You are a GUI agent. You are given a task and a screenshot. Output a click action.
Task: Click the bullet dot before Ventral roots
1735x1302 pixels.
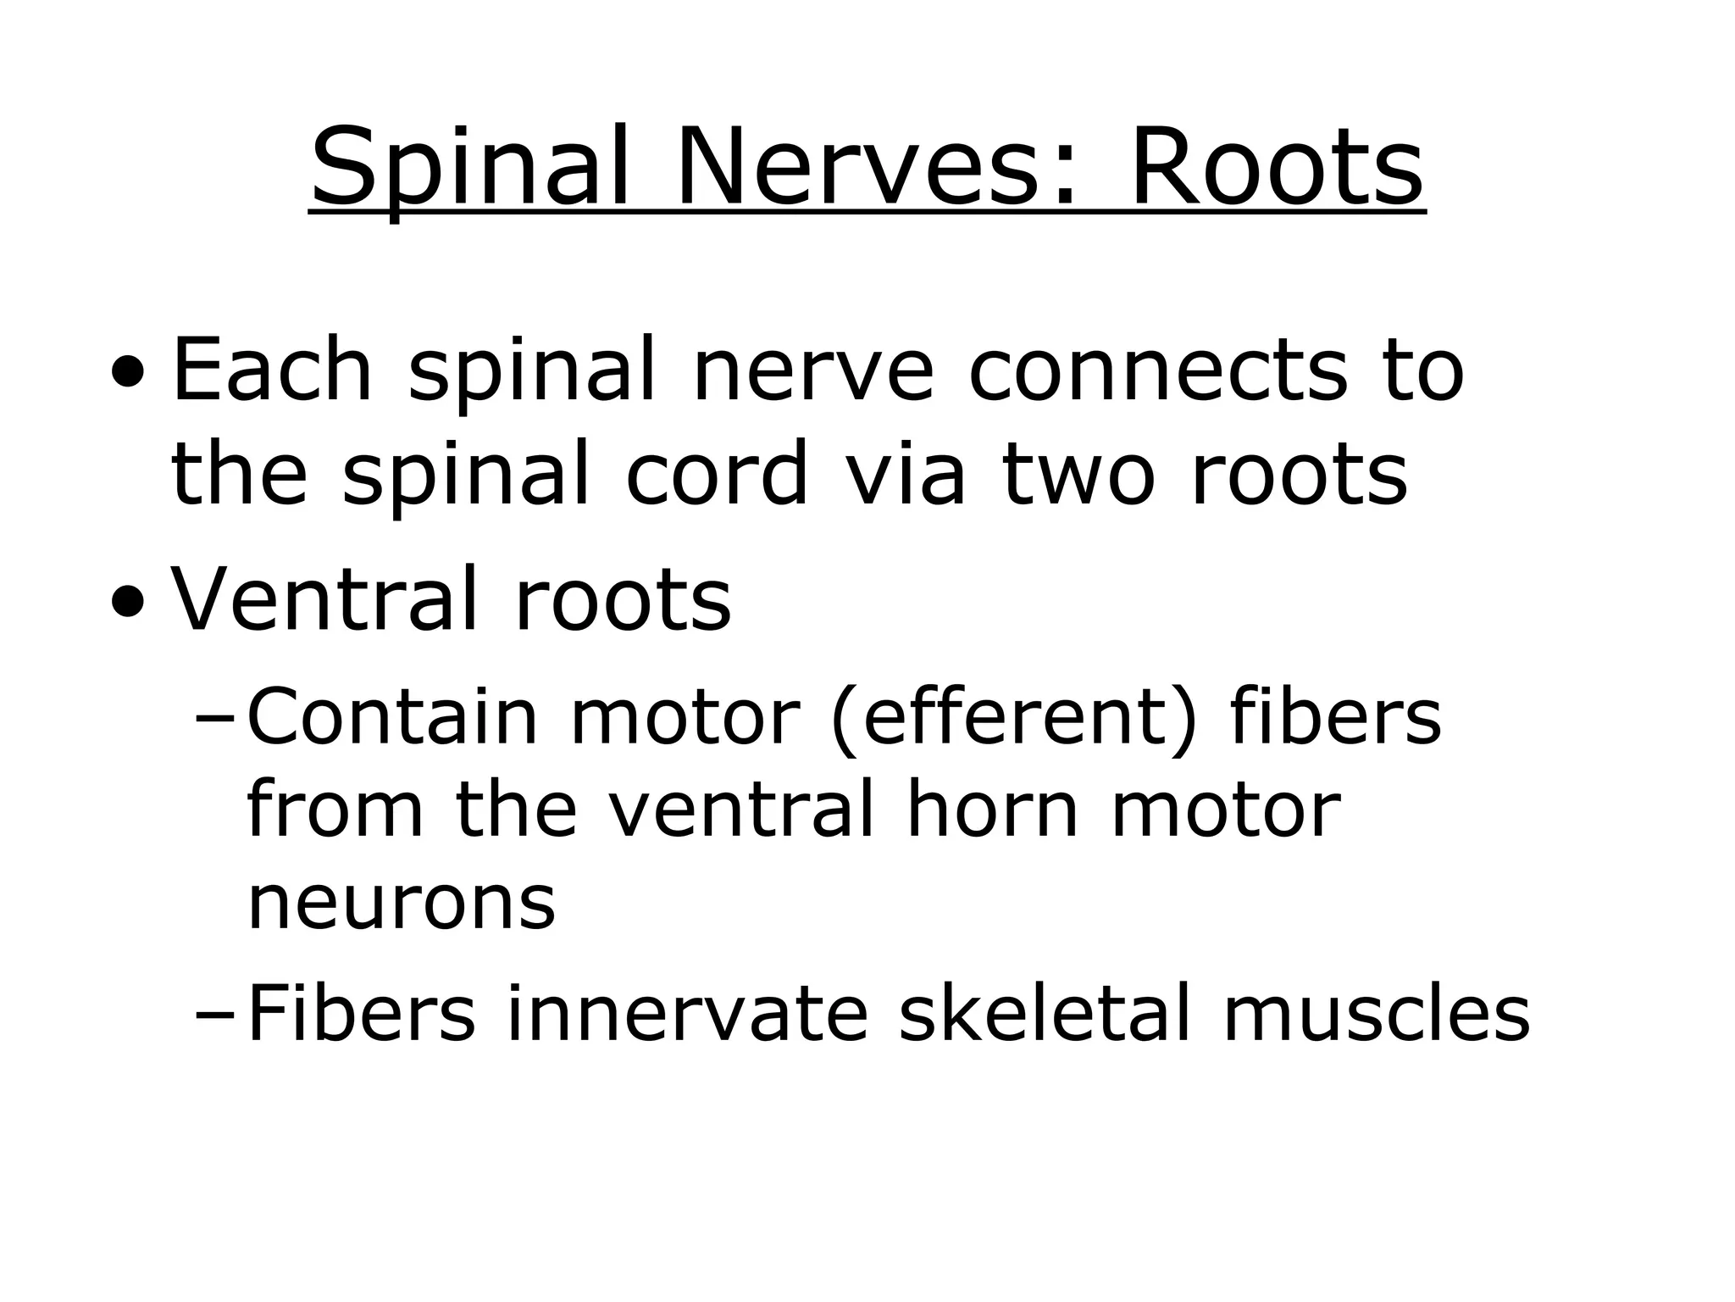126,603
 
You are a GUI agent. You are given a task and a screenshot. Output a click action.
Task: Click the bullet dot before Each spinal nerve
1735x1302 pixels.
126,372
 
